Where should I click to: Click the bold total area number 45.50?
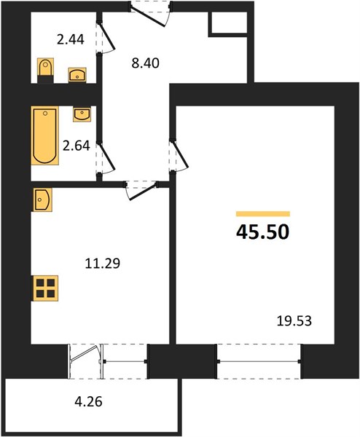(x=262, y=232)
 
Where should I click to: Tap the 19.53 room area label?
(x=294, y=321)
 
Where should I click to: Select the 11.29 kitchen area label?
(x=102, y=264)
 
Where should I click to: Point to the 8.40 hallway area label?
(x=145, y=63)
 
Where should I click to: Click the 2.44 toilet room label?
(x=70, y=39)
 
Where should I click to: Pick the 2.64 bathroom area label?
(x=76, y=146)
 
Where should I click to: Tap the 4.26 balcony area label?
(x=89, y=402)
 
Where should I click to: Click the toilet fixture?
(x=45, y=71)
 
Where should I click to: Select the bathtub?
(x=44, y=135)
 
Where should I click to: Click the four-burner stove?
(x=45, y=288)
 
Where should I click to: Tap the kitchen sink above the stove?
(x=42, y=200)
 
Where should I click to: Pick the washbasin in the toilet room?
(x=77, y=75)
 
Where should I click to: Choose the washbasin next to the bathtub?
(x=82, y=114)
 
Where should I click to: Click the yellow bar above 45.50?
(x=263, y=213)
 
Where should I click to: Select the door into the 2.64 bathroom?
(x=106, y=157)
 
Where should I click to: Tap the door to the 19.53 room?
(x=179, y=155)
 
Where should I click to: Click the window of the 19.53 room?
(x=259, y=361)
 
